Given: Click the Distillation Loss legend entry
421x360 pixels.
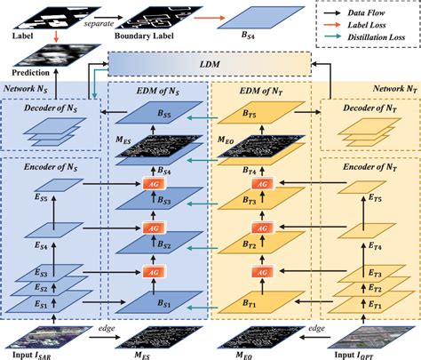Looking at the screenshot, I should pos(365,38).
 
